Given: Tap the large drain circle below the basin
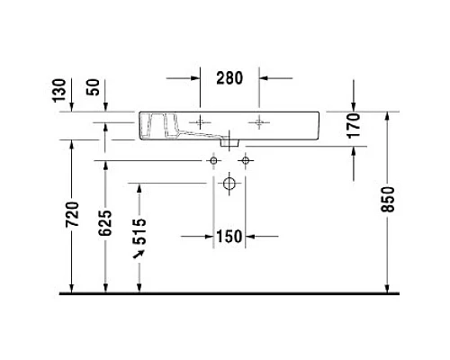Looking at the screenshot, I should point(229,184).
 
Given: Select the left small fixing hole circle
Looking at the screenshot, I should point(213,160).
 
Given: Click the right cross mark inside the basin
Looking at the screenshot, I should point(260,121).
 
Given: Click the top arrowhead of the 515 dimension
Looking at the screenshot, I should point(139,187).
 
